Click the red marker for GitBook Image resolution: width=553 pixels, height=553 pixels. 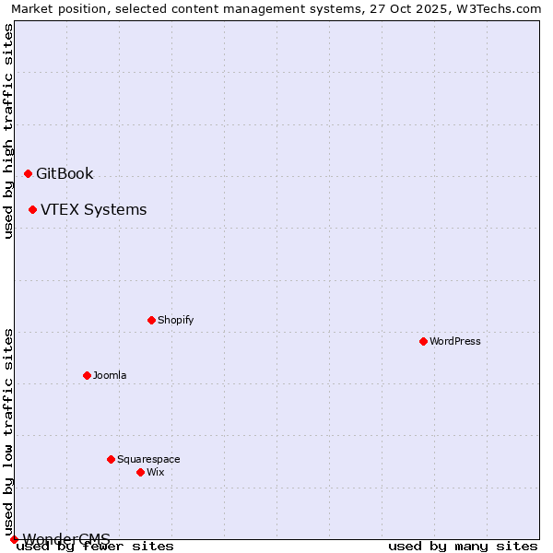(x=28, y=173)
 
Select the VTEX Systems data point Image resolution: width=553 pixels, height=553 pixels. (x=32, y=209)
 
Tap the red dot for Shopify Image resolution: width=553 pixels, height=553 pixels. (x=151, y=320)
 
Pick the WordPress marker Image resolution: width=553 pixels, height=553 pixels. (x=423, y=341)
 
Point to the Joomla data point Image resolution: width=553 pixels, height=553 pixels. (x=87, y=375)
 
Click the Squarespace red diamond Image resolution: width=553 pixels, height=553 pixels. (x=111, y=459)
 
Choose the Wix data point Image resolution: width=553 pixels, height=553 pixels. (x=140, y=472)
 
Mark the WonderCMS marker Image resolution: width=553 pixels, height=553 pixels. (x=14, y=539)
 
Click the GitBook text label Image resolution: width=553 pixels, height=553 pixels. (x=65, y=174)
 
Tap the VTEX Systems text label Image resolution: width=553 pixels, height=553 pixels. (x=93, y=210)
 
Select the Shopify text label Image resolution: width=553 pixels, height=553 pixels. (x=175, y=321)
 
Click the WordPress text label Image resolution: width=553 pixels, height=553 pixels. (x=454, y=342)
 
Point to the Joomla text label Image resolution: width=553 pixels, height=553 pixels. (x=110, y=376)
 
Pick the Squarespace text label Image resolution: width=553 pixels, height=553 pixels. (x=148, y=460)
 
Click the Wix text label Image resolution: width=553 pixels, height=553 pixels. (x=155, y=473)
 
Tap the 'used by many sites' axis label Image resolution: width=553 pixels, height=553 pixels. (x=463, y=547)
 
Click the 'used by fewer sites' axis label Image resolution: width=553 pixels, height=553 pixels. (x=96, y=547)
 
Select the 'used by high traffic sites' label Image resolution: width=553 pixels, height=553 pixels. (x=9, y=131)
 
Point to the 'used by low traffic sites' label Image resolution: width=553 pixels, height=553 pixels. (x=9, y=431)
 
